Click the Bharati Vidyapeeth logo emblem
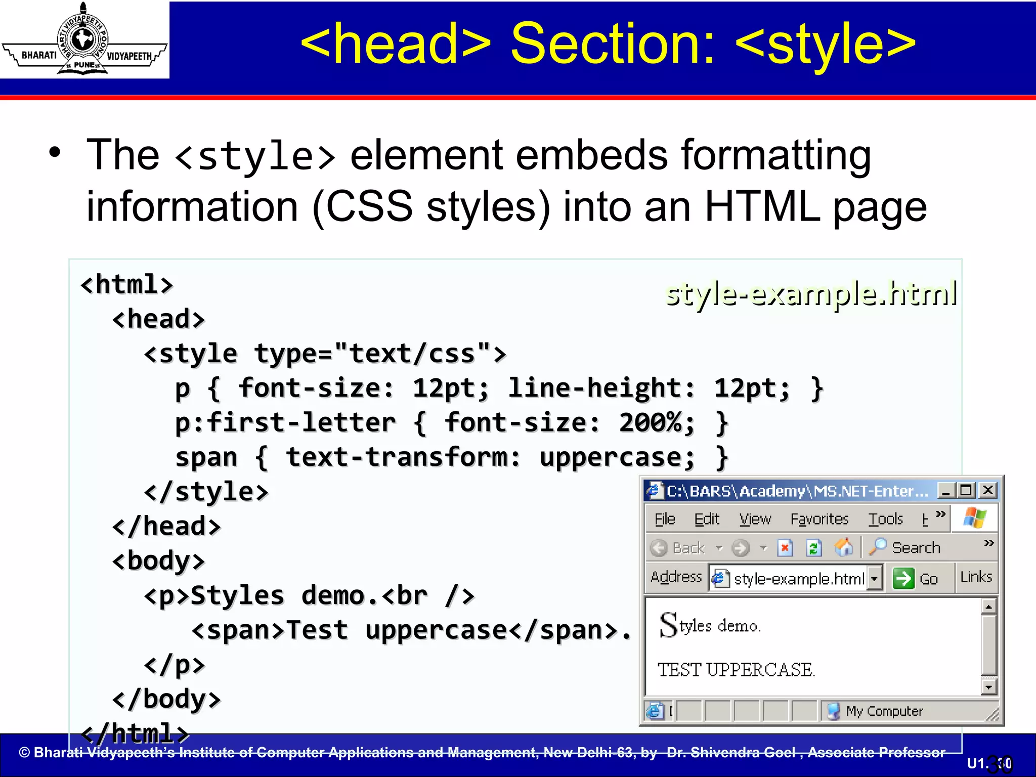point(83,40)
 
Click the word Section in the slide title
point(613,44)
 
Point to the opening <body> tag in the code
point(158,561)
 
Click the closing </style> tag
point(206,492)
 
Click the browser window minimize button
point(945,490)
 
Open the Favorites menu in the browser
point(819,519)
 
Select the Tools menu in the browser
point(885,519)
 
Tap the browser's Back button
point(678,548)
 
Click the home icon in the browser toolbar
point(843,547)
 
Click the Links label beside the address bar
point(976,577)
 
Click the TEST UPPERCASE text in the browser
point(736,670)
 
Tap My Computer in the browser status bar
point(884,711)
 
